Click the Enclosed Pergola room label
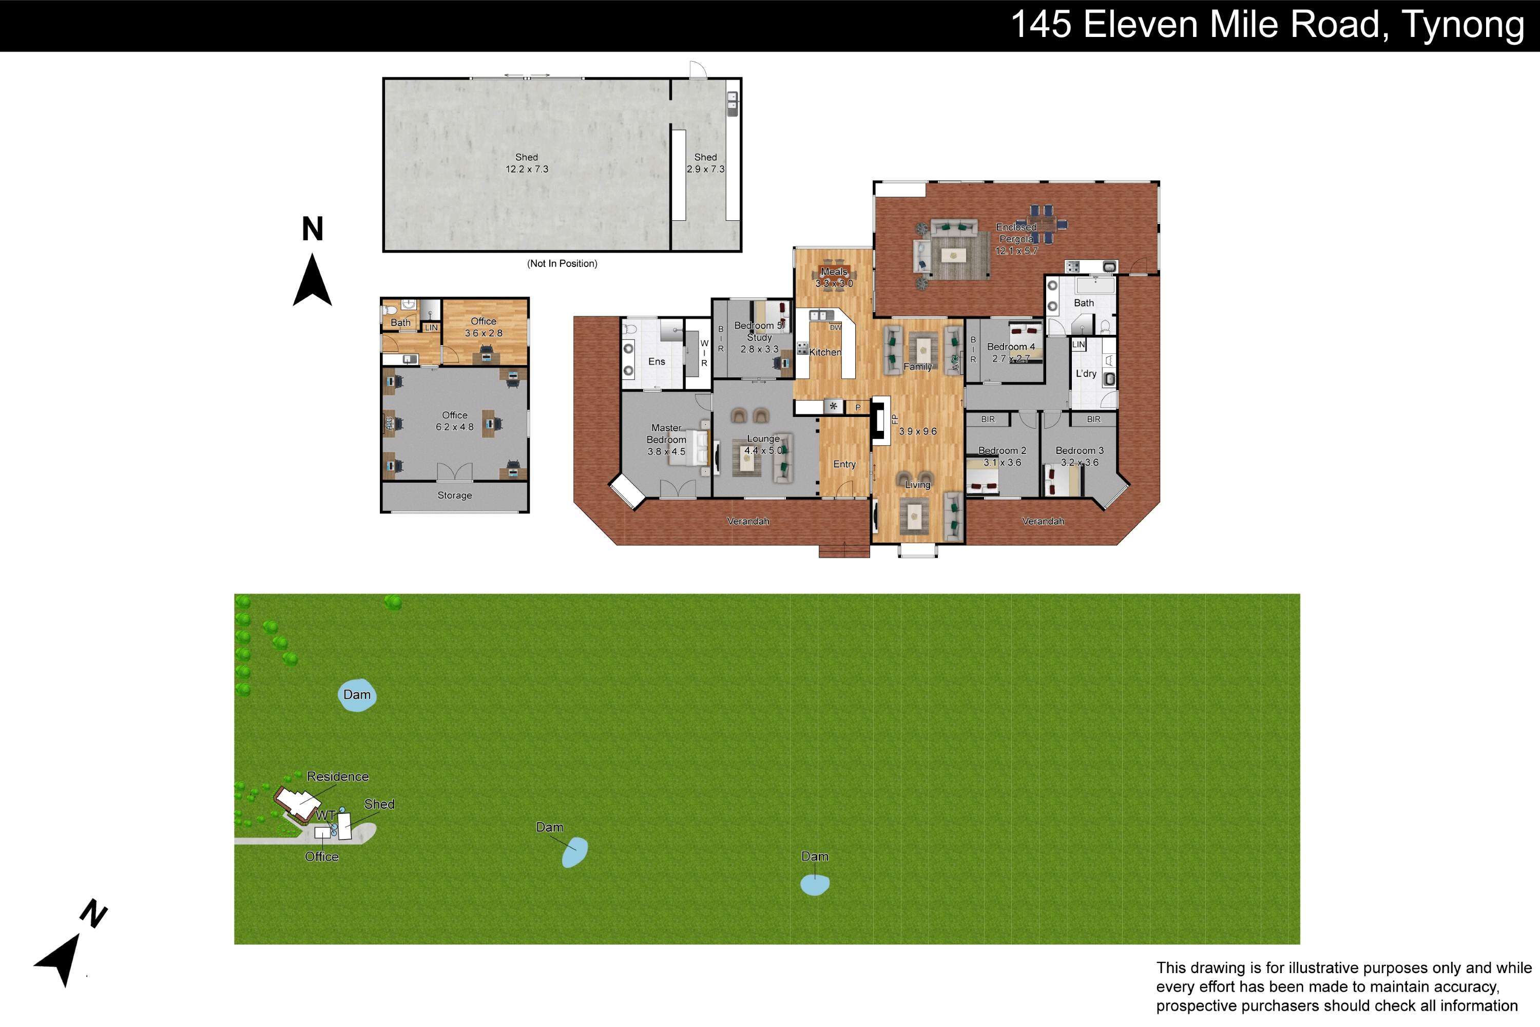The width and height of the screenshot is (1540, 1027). (x=1016, y=233)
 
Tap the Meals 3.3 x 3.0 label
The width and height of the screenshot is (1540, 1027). (x=834, y=278)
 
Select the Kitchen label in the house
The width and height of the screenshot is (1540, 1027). (x=825, y=352)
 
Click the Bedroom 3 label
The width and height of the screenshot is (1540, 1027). (x=1080, y=451)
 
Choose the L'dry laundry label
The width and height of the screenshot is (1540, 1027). (x=1086, y=373)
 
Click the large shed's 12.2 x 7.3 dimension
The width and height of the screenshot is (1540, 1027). (x=527, y=169)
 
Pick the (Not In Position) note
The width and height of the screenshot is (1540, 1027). (x=562, y=263)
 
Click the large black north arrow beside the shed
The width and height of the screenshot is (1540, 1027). (x=312, y=280)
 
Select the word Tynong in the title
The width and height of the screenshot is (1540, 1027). (x=1462, y=26)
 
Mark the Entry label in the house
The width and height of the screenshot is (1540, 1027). (x=844, y=464)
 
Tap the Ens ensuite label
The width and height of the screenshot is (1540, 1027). (x=657, y=362)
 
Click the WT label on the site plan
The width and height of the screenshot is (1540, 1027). (x=325, y=815)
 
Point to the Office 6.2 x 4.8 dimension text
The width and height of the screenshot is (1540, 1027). (x=454, y=427)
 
